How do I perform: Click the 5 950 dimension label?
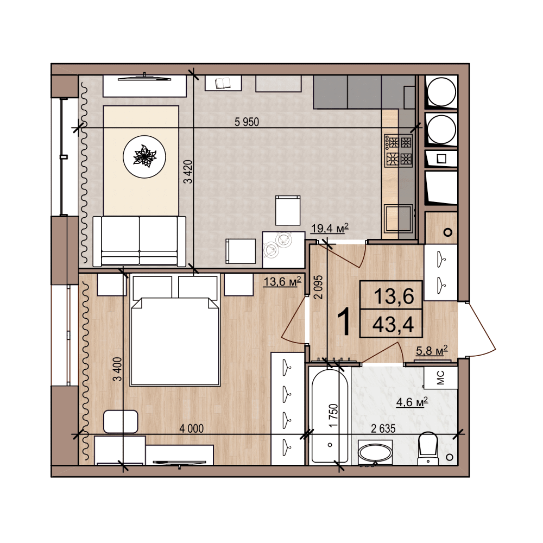[247, 122]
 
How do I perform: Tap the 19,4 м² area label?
[330, 229]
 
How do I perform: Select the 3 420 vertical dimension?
[188, 172]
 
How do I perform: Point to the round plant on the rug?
[144, 156]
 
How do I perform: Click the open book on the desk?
[223, 83]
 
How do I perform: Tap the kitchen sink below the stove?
[399, 218]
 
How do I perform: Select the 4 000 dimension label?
[191, 429]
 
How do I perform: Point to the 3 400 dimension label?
[118, 369]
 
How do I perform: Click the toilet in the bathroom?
[428, 448]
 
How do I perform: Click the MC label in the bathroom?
[440, 378]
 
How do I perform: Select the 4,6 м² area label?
[412, 402]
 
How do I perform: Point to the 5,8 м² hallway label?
[432, 350]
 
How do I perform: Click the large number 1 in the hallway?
[345, 322]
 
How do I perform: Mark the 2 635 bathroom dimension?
[383, 429]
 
